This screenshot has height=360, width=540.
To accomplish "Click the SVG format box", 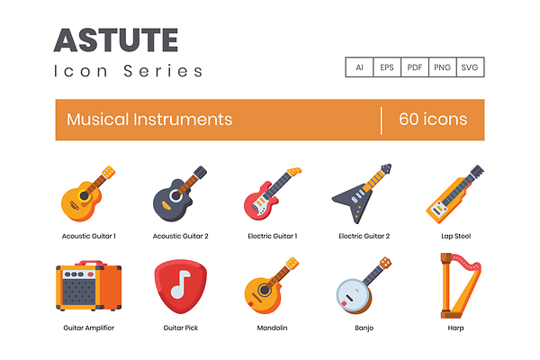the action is tap(470, 67).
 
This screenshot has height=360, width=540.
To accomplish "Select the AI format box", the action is tap(359, 67).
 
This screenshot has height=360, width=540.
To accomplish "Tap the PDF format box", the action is tap(415, 67).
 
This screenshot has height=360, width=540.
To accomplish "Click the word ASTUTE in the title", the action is tap(116, 40).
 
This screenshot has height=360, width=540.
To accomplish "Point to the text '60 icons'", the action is tap(433, 119).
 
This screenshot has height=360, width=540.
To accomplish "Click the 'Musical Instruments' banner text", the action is tap(149, 120).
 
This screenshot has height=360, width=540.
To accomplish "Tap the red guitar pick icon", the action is tap(181, 286).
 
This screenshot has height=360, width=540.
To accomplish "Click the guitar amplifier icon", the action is tap(89, 286).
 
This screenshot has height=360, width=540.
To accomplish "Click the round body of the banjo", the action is tap(354, 295).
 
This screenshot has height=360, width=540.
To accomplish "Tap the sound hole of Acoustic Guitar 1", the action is tap(84, 195).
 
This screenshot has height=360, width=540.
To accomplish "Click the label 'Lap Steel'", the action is tap(455, 236).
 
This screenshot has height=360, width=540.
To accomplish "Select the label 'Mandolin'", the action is tap(272, 328).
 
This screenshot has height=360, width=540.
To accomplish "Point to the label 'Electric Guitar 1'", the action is tap(273, 236).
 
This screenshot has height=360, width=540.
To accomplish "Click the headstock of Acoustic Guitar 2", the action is tap(200, 172).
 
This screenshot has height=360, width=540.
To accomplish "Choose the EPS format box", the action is tap(387, 67).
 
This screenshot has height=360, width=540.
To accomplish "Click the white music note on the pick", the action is tap(181, 284).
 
